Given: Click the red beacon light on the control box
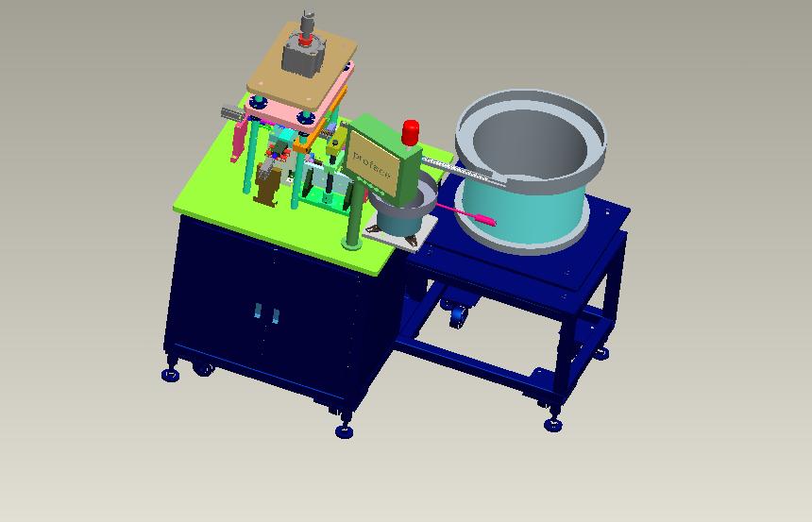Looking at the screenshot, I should point(411,131).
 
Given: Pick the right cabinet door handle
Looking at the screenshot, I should point(275,315).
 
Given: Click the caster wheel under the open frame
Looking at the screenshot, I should point(458,315).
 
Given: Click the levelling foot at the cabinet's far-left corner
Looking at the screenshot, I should point(170,375).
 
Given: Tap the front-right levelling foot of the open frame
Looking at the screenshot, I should point(553,424).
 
